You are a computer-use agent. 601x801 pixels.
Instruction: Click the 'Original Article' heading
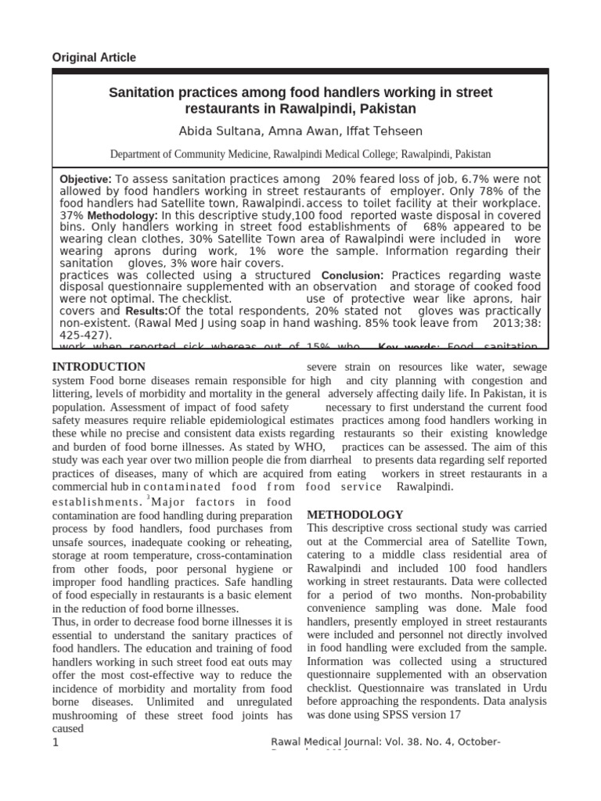point(93,57)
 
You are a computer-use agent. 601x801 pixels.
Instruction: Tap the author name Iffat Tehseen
point(390,130)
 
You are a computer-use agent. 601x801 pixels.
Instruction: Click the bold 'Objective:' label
point(86,179)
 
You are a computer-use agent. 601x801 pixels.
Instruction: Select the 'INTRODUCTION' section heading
point(99,367)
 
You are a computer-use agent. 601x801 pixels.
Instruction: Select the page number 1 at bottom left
point(56,742)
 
